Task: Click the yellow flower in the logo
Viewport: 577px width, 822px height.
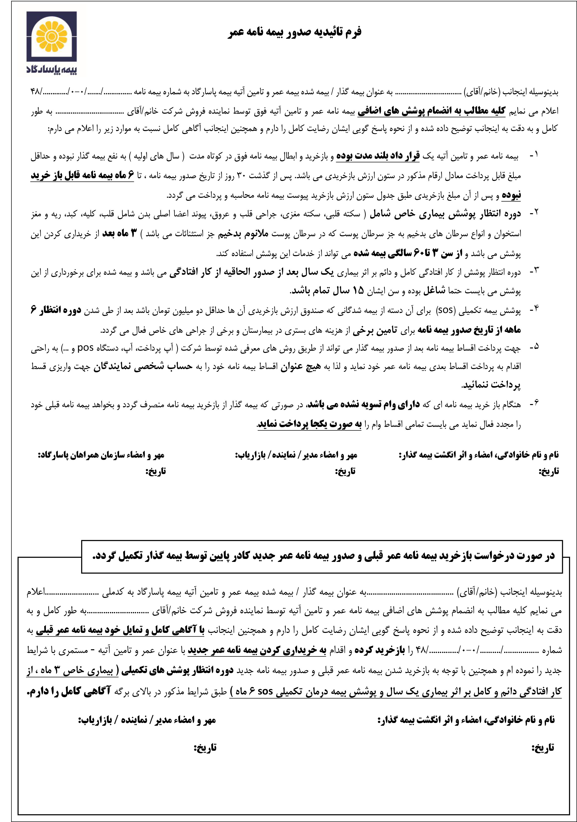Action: [51, 36]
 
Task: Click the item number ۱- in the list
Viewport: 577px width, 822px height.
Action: [534, 155]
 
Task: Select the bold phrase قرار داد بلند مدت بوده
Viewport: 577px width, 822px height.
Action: [378, 156]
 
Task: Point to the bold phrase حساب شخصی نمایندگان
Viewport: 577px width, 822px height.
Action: [143, 367]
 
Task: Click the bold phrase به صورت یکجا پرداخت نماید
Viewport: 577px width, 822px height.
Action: [310, 424]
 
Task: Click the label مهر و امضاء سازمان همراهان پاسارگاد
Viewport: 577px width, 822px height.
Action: [101, 455]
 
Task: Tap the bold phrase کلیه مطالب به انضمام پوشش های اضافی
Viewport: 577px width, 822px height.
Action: [431, 111]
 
